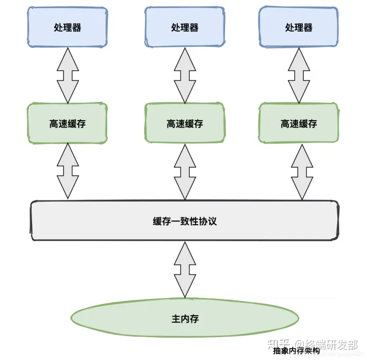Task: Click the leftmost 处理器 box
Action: [67, 27]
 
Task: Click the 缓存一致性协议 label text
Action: [185, 221]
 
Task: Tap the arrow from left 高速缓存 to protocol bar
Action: [67, 171]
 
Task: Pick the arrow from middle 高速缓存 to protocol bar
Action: [185, 171]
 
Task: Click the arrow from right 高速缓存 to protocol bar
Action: [302, 171]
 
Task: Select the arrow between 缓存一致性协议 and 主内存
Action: [185, 269]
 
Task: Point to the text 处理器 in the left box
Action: [67, 27]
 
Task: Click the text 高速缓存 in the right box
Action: [298, 124]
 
